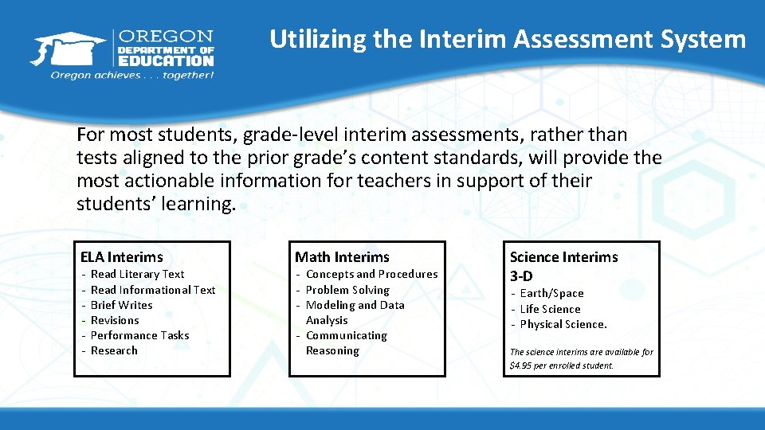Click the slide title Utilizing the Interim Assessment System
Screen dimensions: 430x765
(x=508, y=39)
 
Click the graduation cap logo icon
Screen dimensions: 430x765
(x=69, y=49)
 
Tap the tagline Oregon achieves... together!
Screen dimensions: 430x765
(x=132, y=75)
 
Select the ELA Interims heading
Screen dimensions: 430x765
(x=121, y=256)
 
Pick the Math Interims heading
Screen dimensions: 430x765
(x=342, y=256)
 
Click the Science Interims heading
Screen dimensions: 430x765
(x=563, y=256)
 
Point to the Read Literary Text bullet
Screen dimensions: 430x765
(x=137, y=274)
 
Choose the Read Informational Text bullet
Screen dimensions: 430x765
(x=153, y=290)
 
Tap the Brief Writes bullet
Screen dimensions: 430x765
(x=121, y=305)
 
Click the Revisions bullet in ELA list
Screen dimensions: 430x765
(x=115, y=320)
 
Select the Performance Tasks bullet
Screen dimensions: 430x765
(x=139, y=335)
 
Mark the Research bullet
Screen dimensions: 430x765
(x=114, y=350)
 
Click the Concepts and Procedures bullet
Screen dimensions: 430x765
(x=371, y=274)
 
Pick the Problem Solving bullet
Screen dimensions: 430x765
(x=347, y=290)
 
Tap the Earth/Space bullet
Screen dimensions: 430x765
(x=551, y=293)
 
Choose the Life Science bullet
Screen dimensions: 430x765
(x=550, y=309)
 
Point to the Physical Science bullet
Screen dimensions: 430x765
(x=563, y=324)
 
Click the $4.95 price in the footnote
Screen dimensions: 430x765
(x=523, y=366)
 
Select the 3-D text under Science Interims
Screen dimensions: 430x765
(x=521, y=276)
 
